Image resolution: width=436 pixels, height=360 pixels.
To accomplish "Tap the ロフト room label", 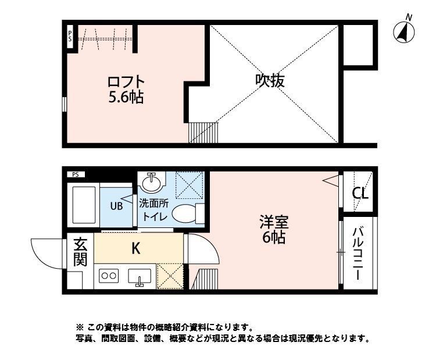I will pyautogui.click(x=125, y=82).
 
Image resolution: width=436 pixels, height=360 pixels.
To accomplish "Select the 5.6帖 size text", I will pyautogui.click(x=125, y=97).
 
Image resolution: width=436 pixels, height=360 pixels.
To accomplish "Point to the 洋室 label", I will pyautogui.click(x=273, y=222).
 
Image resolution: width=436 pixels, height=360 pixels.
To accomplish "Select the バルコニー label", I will pyautogui.click(x=359, y=254).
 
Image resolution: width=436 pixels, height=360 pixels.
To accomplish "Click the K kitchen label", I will pyautogui.click(x=135, y=248).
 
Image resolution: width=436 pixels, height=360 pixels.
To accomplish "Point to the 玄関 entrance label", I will pyautogui.click(x=80, y=251).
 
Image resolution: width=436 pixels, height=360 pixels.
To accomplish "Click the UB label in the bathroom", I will pyautogui.click(x=116, y=205).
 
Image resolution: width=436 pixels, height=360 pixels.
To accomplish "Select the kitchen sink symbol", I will pyautogui.click(x=140, y=278).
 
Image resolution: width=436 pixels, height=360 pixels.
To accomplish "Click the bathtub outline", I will pyautogui.click(x=84, y=205).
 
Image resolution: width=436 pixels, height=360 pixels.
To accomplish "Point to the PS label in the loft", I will pyautogui.click(x=70, y=36).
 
